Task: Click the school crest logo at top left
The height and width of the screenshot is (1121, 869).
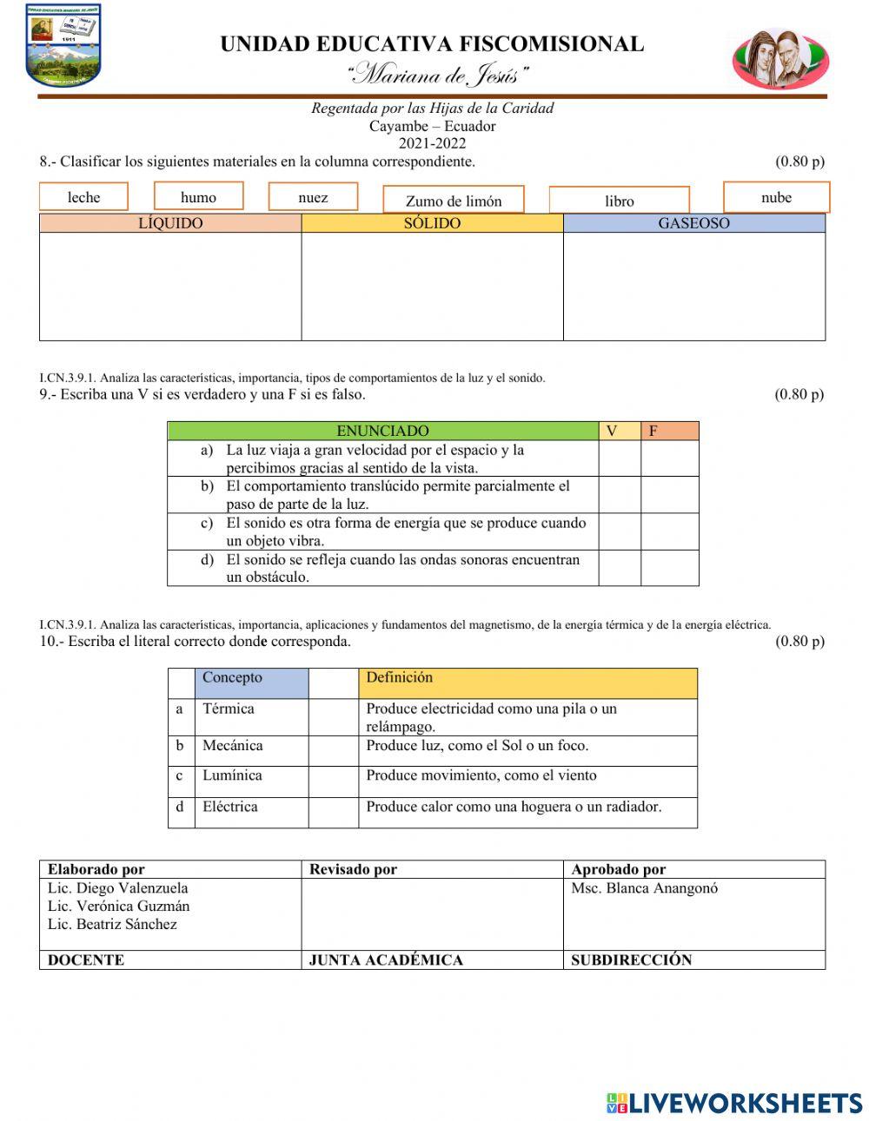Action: coord(63,46)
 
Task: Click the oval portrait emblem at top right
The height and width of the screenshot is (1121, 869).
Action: coord(780,59)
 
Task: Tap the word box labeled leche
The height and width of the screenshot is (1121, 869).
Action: coord(83,197)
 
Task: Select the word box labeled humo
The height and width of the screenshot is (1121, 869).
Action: coord(198,196)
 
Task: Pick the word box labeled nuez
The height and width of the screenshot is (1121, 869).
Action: coord(313,197)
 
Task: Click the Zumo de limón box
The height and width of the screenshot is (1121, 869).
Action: coord(454,201)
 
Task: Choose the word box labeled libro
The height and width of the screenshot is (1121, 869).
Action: coord(619,201)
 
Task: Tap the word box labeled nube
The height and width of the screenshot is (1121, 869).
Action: coord(776,197)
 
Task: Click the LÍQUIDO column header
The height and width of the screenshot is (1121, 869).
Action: coord(170,223)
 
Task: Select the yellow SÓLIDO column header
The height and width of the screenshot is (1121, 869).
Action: coord(432,223)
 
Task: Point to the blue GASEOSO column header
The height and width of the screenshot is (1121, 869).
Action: coord(693,223)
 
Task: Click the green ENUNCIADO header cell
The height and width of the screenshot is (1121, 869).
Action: coord(382,431)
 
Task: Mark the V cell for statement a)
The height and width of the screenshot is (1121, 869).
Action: coord(620,458)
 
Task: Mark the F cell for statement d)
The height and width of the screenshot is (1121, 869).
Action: coord(669,568)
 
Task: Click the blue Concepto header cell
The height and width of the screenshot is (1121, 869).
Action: coord(251,682)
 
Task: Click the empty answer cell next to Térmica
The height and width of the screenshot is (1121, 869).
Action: coord(334,717)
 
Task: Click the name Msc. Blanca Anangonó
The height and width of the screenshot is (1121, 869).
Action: coord(644,888)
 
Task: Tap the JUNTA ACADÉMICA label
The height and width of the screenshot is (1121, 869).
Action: coord(386,959)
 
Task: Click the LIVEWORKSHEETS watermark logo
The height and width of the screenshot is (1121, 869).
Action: coord(734,1103)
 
